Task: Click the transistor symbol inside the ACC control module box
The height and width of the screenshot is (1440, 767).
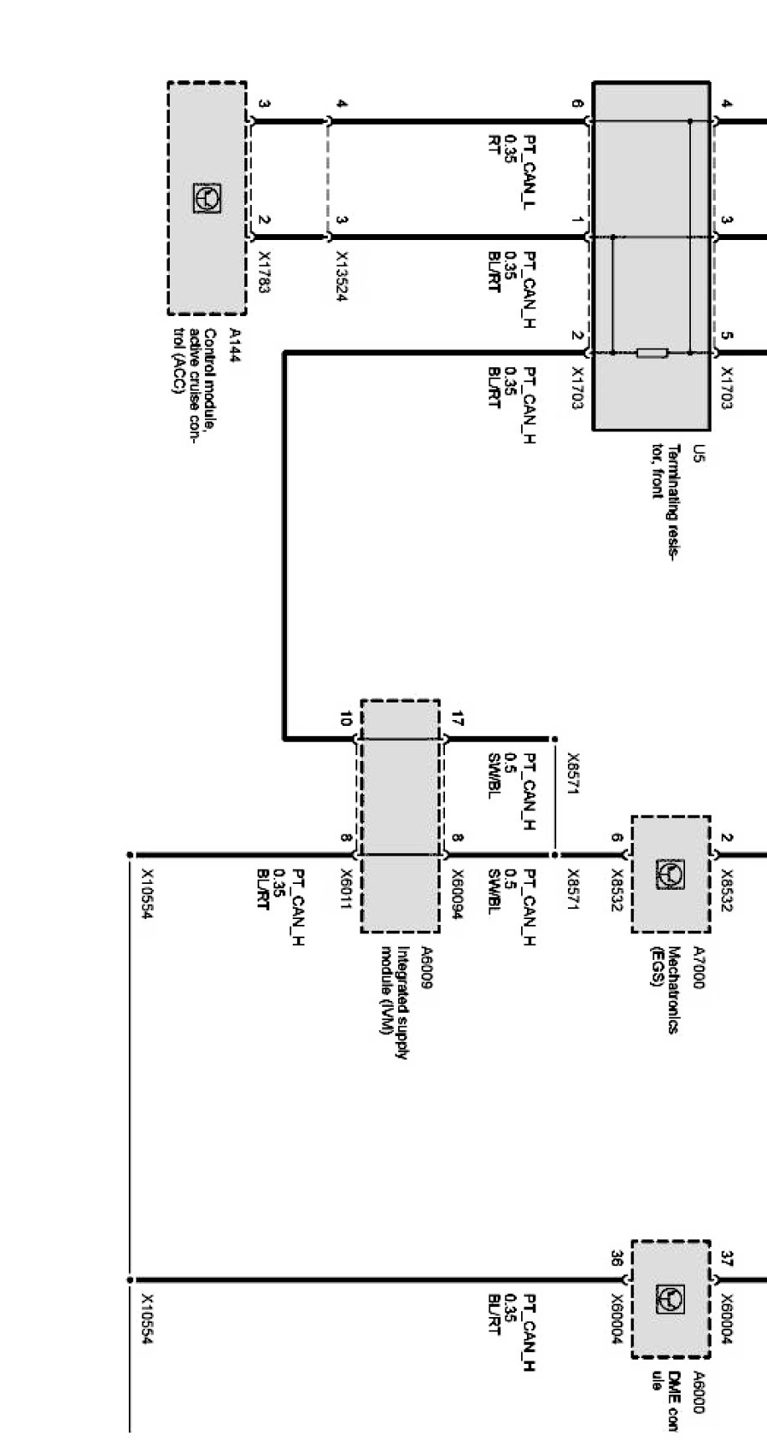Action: tap(207, 197)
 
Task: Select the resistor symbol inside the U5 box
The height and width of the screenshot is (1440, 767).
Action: tap(652, 354)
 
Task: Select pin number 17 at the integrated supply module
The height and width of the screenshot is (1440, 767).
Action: tap(457, 719)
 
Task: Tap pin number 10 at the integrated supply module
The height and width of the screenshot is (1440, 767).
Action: tap(345, 719)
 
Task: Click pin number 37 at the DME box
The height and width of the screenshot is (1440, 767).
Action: tap(726, 1259)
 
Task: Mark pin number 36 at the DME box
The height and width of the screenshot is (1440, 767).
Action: tap(616, 1259)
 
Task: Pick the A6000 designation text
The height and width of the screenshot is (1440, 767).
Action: tap(699, 1391)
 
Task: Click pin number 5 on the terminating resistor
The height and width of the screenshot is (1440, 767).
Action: tap(726, 338)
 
